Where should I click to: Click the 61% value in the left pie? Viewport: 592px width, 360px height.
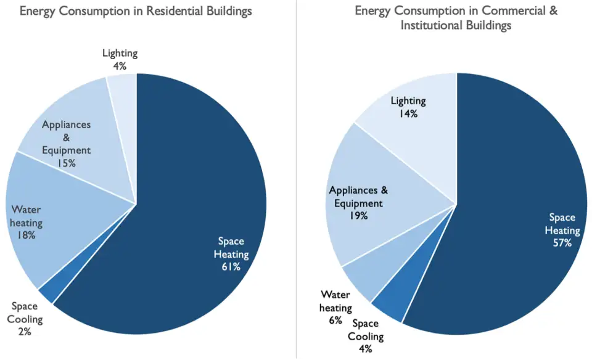(x=231, y=267)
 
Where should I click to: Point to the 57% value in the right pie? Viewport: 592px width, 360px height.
(x=562, y=243)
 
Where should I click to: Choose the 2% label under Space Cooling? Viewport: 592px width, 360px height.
(x=25, y=331)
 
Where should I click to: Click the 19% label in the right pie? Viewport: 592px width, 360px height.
(x=358, y=216)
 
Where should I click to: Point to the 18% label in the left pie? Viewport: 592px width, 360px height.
(x=26, y=235)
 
